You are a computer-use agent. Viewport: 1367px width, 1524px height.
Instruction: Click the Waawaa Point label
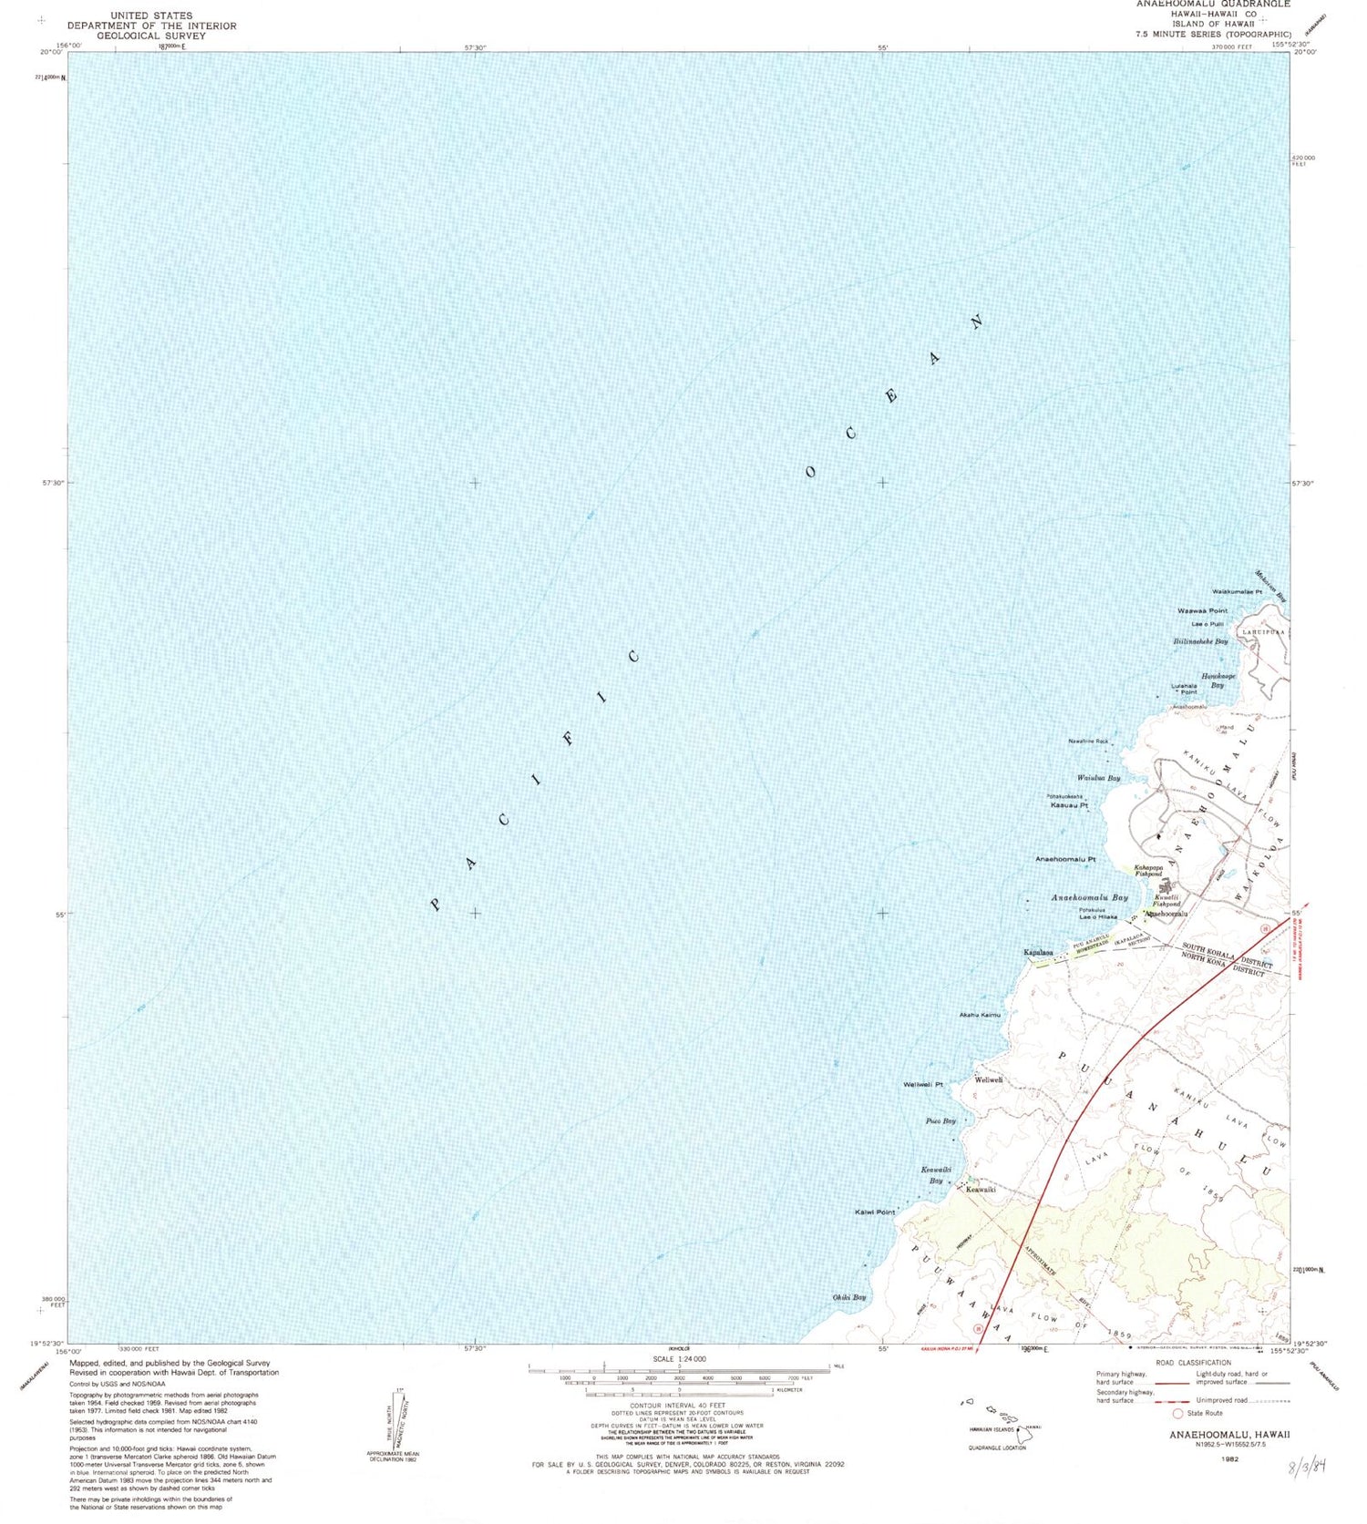(x=1202, y=610)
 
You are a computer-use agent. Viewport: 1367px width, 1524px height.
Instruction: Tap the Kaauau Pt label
(x=1069, y=805)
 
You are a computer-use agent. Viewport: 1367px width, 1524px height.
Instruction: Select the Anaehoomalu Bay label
(x=1089, y=897)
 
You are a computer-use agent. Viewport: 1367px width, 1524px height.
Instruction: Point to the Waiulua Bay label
(x=1098, y=778)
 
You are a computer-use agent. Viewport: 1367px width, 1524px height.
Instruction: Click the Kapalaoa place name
(x=1039, y=952)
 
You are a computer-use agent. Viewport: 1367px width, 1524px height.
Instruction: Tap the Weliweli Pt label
(x=922, y=1085)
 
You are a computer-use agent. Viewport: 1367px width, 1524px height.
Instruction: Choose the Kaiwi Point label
(x=875, y=1212)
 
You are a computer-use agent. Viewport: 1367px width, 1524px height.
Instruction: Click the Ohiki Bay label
(x=848, y=1297)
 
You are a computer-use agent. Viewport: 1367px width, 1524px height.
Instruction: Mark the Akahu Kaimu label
(x=979, y=1015)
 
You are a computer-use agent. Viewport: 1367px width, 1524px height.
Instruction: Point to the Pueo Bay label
(x=940, y=1121)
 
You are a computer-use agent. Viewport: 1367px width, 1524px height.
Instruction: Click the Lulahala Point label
(x=1184, y=689)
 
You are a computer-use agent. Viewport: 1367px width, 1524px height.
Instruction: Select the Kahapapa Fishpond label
(x=1148, y=871)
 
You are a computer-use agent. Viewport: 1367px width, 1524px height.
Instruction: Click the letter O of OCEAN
(x=810, y=472)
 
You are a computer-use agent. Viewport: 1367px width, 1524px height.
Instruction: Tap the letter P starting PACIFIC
(x=436, y=905)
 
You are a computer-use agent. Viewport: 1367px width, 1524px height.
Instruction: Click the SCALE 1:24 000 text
(x=678, y=1358)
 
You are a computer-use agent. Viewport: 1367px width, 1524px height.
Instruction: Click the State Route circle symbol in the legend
(x=1177, y=1413)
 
